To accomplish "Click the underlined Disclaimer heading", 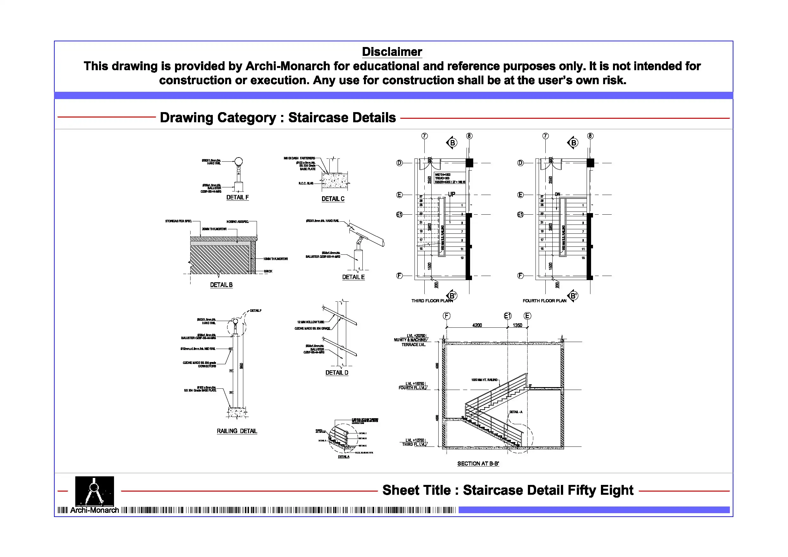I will (x=392, y=52).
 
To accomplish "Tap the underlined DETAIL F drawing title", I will (x=238, y=197).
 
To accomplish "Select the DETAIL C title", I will (x=333, y=199).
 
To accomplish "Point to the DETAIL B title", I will (x=221, y=285).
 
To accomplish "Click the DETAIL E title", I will (x=353, y=277).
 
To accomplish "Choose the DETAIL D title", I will (x=337, y=373).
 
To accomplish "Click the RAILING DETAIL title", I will (x=237, y=431).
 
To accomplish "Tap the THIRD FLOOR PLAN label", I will (x=432, y=301).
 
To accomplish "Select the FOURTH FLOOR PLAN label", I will (x=544, y=301).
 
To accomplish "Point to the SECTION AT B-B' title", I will (x=478, y=464).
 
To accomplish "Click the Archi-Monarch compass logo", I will (x=94, y=491).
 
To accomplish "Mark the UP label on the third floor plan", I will (x=452, y=194).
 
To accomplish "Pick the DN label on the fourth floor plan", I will (x=557, y=194).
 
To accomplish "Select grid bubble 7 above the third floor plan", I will (x=425, y=136).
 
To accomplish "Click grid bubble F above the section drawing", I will (x=447, y=316).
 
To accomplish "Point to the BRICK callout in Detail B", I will (x=268, y=271).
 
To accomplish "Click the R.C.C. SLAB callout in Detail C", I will (x=306, y=183).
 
